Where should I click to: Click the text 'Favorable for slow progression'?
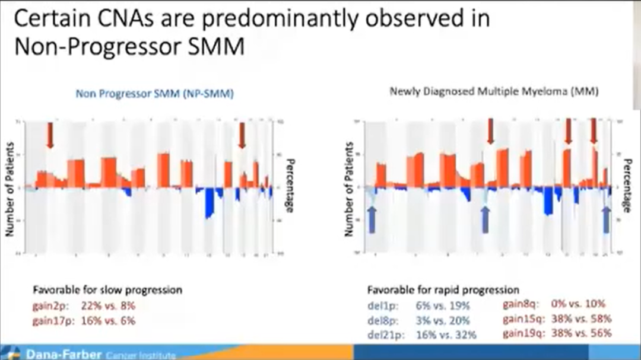(x=107, y=291)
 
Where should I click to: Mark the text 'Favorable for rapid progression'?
(x=443, y=291)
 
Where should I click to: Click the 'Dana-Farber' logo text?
(x=63, y=355)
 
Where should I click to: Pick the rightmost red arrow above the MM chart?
(x=593, y=130)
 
